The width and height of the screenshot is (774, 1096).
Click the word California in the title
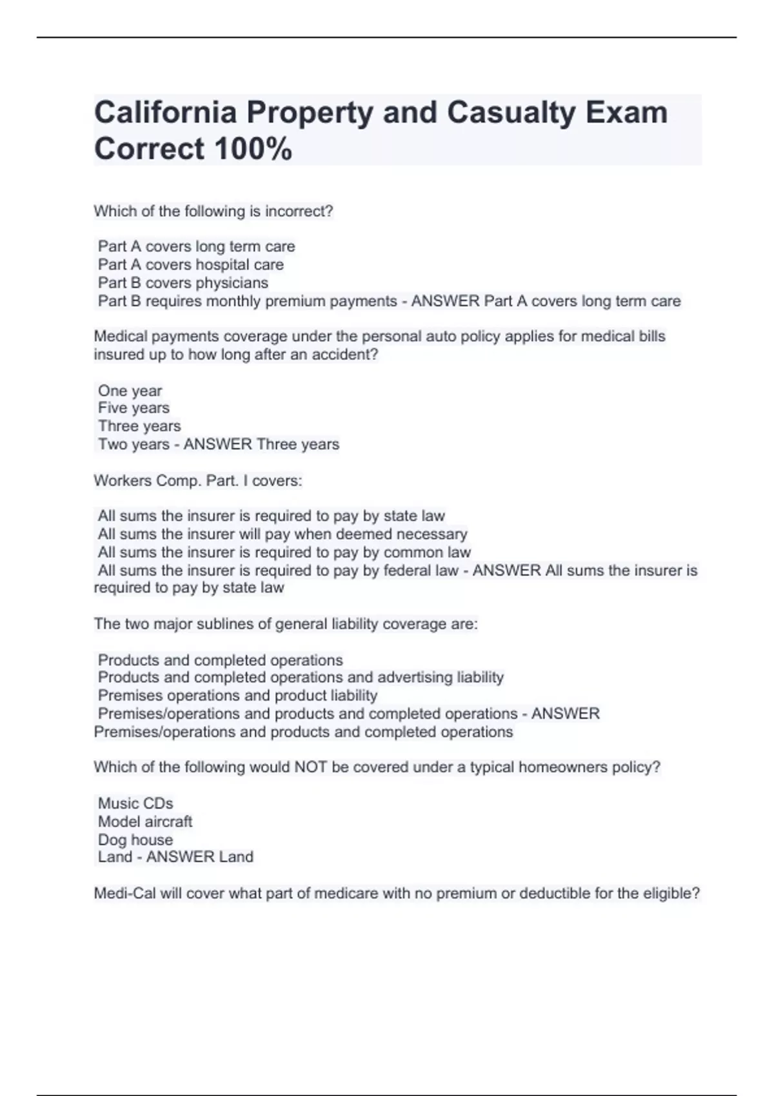tap(165, 113)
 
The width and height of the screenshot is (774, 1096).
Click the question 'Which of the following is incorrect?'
tap(213, 211)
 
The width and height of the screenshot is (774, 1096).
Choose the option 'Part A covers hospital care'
tap(190, 265)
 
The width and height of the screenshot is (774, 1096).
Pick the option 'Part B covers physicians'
tap(183, 283)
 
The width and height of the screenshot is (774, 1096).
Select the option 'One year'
tap(130, 391)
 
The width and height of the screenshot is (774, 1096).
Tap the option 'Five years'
tap(134, 408)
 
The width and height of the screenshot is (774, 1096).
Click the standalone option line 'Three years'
tap(139, 426)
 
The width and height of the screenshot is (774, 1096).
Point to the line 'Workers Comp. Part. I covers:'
tap(198, 481)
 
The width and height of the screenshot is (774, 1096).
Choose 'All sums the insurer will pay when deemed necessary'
tap(283, 534)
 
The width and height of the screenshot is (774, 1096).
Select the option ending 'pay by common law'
tap(284, 553)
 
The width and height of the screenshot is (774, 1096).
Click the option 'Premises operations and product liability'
tap(237, 696)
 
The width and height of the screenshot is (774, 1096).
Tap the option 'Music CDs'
tap(135, 803)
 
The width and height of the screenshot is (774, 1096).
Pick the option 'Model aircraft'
tap(145, 821)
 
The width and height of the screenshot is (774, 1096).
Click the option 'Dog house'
tap(135, 840)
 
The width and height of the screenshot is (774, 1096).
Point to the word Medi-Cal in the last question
tap(124, 894)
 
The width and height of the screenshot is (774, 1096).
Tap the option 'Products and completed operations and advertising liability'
tap(301, 678)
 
